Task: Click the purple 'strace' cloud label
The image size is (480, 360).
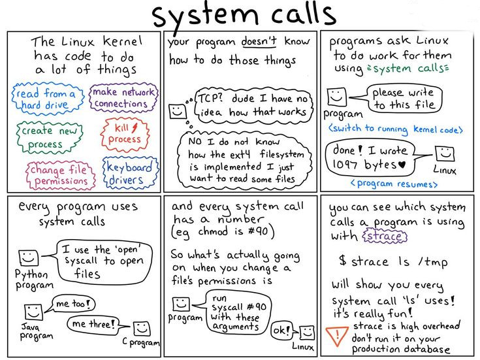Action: pyautogui.click(x=385, y=237)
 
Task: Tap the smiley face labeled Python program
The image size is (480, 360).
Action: pyautogui.click(x=29, y=257)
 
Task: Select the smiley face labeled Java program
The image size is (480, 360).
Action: pyautogui.click(x=33, y=312)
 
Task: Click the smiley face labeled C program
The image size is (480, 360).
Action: pyautogui.click(x=142, y=329)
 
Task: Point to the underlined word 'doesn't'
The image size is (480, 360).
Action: pyautogui.click(x=259, y=41)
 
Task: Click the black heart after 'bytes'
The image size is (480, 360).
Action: pyautogui.click(x=402, y=165)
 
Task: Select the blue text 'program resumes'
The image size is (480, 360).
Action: pyautogui.click(x=394, y=184)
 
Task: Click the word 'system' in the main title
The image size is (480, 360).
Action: pyautogui.click(x=205, y=16)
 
